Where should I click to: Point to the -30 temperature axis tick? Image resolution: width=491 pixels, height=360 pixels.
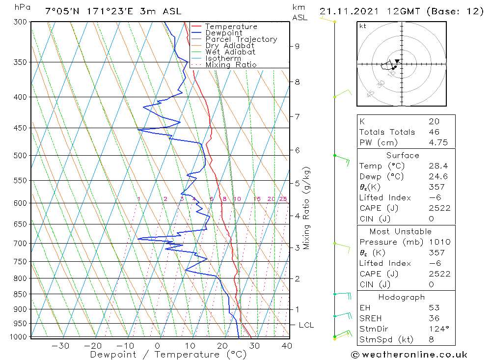(x=60, y=346)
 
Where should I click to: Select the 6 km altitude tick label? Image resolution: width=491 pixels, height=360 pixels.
(x=297, y=150)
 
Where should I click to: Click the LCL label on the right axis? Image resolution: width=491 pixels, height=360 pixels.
(x=306, y=325)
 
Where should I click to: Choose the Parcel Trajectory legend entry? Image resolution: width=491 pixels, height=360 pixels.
(x=241, y=39)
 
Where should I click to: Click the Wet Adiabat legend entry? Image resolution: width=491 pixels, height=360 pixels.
(x=230, y=52)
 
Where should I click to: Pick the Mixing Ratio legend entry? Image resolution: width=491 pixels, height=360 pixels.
(x=231, y=65)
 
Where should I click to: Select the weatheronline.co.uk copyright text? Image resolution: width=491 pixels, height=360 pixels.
(x=409, y=355)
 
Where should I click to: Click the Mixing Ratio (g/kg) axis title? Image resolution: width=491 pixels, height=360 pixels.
(x=307, y=208)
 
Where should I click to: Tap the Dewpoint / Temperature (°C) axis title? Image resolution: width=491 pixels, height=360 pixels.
(x=168, y=355)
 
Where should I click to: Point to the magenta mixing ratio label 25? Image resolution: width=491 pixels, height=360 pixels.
(x=283, y=199)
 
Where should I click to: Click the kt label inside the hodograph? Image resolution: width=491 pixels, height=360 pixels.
(x=363, y=26)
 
